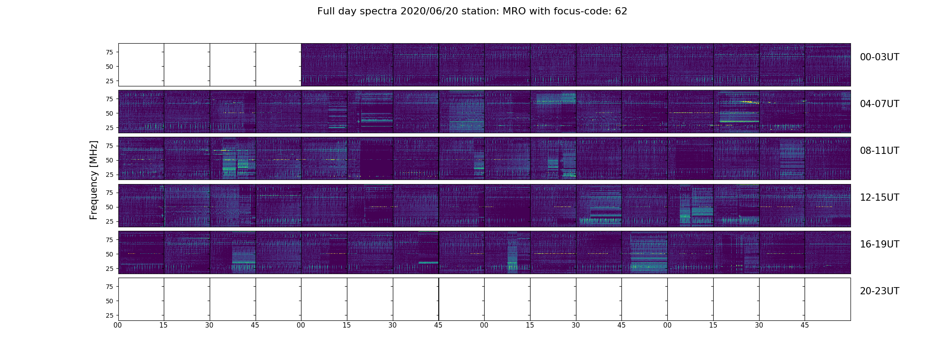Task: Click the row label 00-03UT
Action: [x=879, y=57]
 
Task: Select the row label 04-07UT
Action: [x=879, y=104]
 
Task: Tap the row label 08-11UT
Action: [x=879, y=151]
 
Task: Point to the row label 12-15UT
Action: [x=879, y=198]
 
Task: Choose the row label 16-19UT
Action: [x=879, y=244]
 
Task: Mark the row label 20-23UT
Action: [x=879, y=291]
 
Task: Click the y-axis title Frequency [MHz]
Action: [x=94, y=180]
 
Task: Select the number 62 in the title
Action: [x=621, y=11]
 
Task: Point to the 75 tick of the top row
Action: [x=109, y=52]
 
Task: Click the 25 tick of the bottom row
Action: [x=109, y=315]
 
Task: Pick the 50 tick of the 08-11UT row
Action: [x=109, y=160]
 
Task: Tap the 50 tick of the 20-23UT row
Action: [x=109, y=301]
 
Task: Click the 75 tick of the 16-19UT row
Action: [x=109, y=240]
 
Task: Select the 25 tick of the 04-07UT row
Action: [x=109, y=128]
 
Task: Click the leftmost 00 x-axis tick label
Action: [x=118, y=325]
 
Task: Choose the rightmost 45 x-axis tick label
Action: [x=805, y=325]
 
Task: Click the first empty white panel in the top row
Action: [x=141, y=64]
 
